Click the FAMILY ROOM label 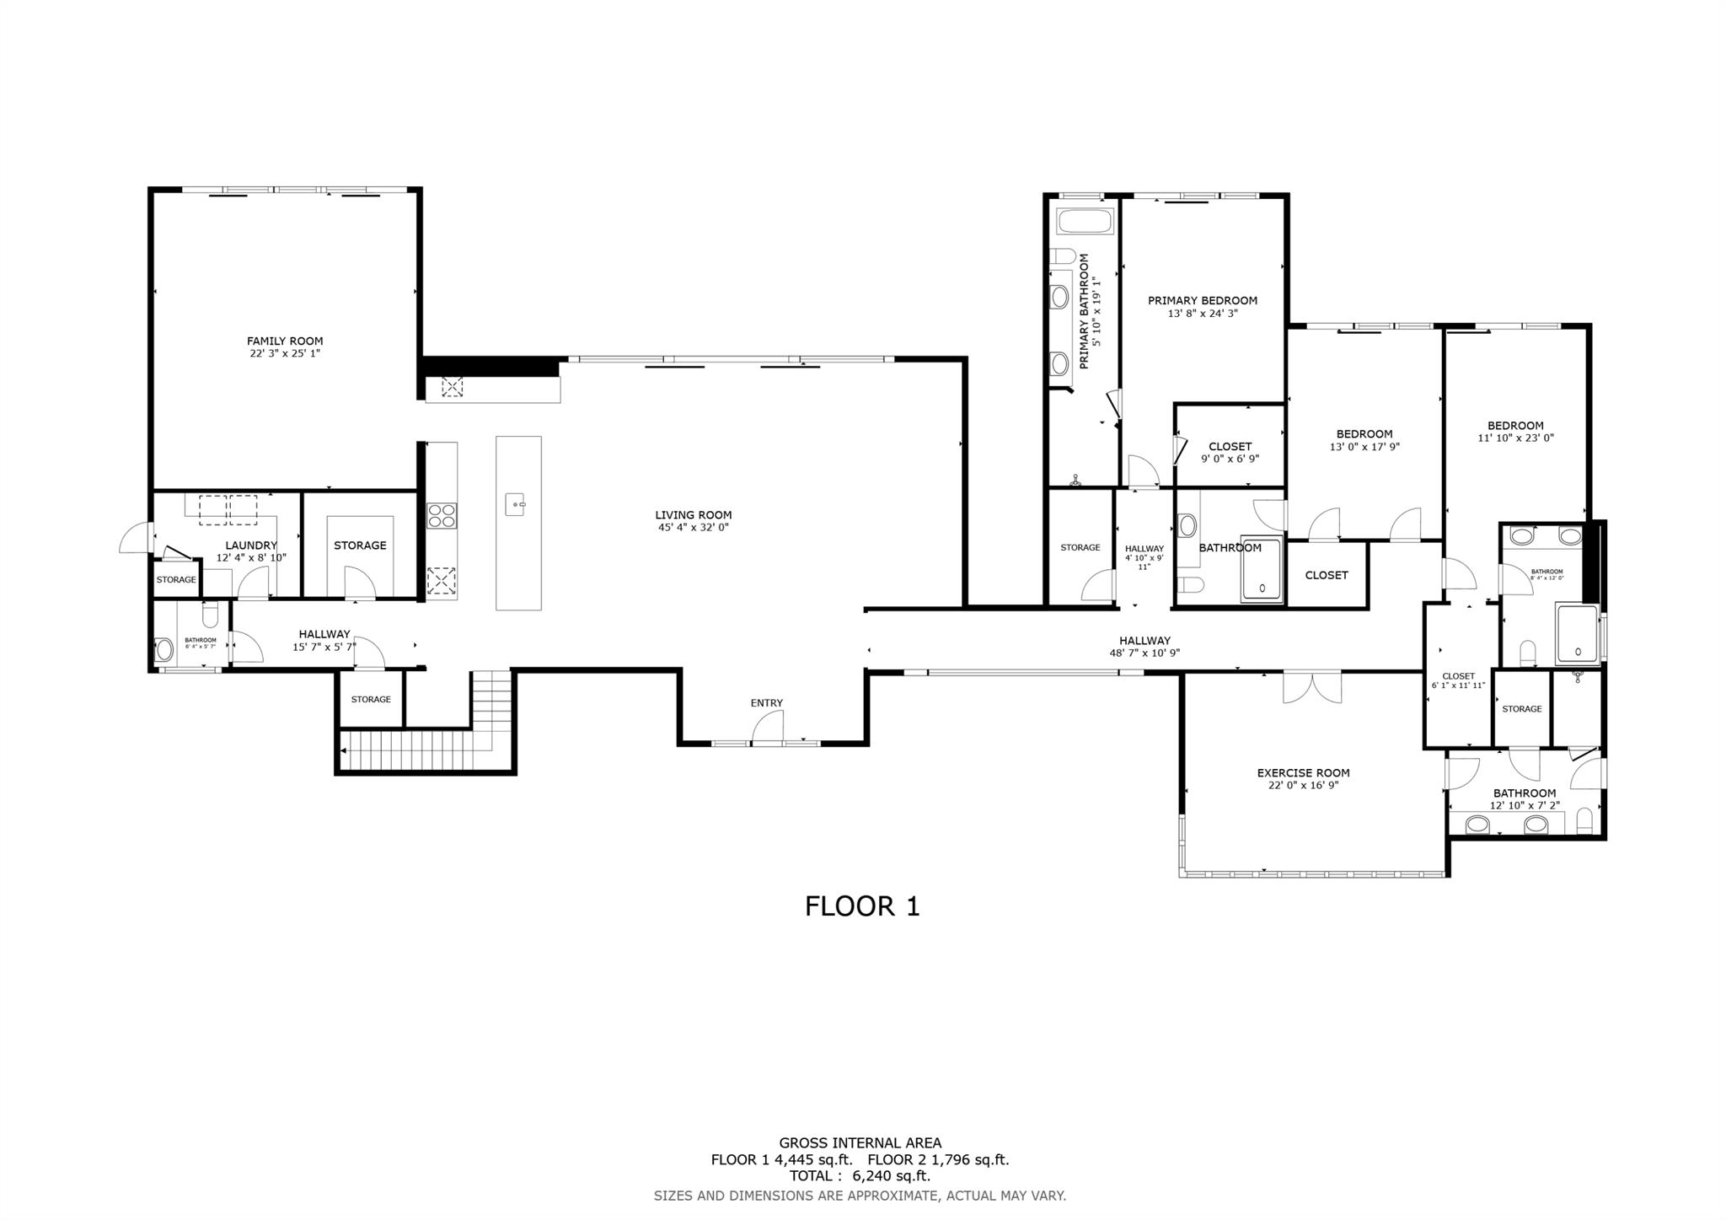285,341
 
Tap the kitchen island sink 516,505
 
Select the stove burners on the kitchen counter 442,515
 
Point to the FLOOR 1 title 861,907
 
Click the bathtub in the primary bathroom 1085,223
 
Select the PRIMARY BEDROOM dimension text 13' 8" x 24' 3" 1202,314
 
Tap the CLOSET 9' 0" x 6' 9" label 1230,447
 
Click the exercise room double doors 1311,686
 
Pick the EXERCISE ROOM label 1303,773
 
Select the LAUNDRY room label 251,546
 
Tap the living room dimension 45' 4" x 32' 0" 693,528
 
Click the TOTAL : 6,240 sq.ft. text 860,1176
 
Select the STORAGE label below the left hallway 371,700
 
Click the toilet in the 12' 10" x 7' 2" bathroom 1584,823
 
